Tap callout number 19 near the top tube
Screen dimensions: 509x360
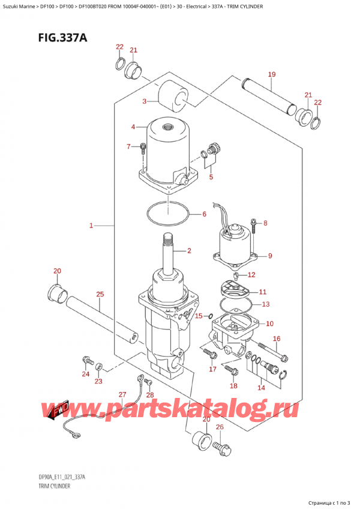(x=271, y=75)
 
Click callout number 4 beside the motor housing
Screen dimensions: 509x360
(x=133, y=127)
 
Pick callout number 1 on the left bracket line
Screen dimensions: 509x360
(x=91, y=226)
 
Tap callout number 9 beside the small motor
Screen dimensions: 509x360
(x=270, y=256)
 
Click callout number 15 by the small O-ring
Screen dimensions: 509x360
(x=198, y=315)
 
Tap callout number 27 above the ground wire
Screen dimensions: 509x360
(x=122, y=394)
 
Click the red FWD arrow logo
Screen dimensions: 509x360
(x=58, y=411)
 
